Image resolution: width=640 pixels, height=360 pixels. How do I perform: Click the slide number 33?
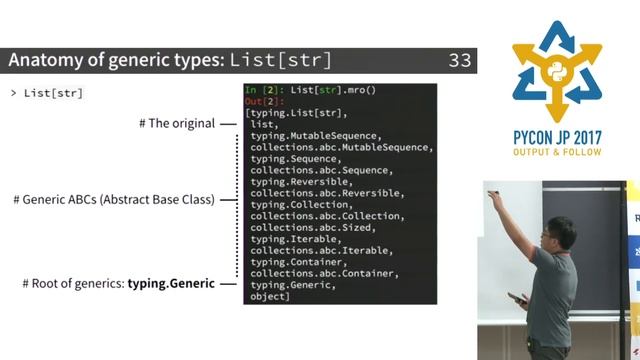pos(459,60)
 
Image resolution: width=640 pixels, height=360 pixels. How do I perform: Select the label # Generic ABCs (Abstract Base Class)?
pos(114,199)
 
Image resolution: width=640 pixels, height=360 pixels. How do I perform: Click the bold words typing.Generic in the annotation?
pos(171,284)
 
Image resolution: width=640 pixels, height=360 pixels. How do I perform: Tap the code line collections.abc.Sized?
pos(299,227)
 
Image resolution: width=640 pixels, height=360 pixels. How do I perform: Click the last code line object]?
pos(270,296)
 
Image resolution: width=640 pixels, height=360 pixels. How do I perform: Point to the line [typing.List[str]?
pos(297,113)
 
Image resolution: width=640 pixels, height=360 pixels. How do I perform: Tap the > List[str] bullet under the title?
pos(46,93)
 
